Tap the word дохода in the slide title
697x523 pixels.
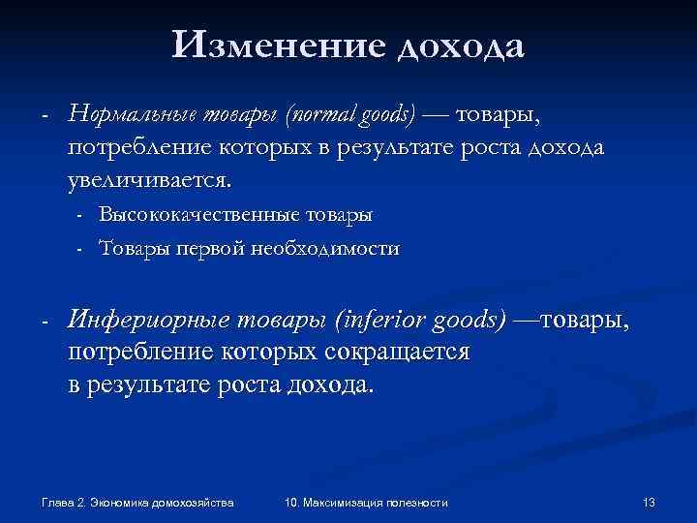pos(461,46)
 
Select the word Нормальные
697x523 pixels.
pos(133,115)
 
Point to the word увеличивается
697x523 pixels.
pos(150,180)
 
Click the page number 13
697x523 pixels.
pos(649,502)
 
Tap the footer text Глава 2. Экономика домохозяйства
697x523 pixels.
pos(137,502)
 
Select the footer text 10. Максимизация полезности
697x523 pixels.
pos(367,502)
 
